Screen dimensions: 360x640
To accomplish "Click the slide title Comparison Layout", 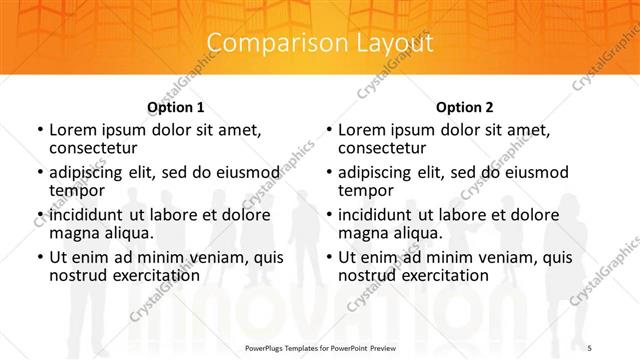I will (320, 43).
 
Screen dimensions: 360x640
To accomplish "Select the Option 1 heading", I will (176, 107).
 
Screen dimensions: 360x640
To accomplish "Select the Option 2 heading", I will (464, 107).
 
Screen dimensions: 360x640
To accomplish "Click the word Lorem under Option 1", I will (70, 129).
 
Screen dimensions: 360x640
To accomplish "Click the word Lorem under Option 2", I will (359, 129).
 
